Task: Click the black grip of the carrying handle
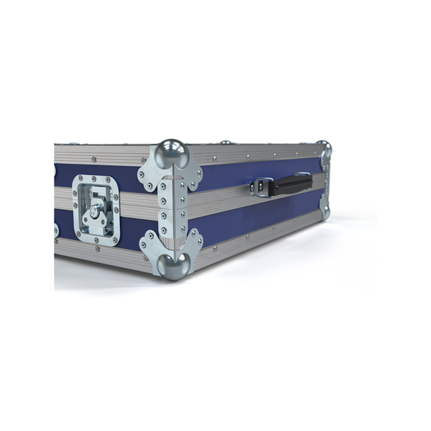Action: pyautogui.click(x=291, y=185)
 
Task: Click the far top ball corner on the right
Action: pyautogui.click(x=324, y=147)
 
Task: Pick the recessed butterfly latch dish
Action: pyautogui.click(x=95, y=211)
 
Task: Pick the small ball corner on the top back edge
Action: pyautogui.click(x=225, y=142)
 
